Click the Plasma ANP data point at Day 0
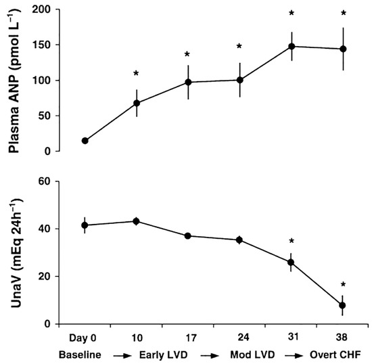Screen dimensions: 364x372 [85, 141]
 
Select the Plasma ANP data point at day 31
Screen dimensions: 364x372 [291, 47]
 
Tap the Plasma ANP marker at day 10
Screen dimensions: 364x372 [137, 104]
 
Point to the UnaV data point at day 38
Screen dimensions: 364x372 [342, 306]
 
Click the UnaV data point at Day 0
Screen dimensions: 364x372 [85, 225]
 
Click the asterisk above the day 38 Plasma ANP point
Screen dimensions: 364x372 [342, 13]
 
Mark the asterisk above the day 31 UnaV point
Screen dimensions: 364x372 [291, 242]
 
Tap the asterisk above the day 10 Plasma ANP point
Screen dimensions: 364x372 [137, 74]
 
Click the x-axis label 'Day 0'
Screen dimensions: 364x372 [85, 337]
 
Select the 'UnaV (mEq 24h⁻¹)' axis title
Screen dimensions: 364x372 [16, 252]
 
